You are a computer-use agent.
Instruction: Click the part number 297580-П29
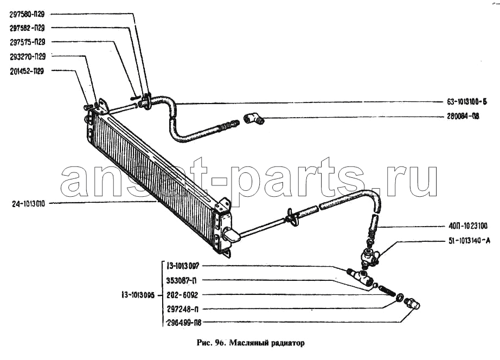pos(27,14)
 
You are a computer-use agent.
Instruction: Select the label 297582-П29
pos(27,28)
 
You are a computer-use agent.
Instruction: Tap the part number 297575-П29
pos(27,42)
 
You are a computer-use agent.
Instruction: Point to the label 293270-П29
pos(28,57)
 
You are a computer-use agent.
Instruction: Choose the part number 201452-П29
pos(27,71)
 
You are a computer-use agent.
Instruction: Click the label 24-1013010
pos(28,204)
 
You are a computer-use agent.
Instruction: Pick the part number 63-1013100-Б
pos(467,102)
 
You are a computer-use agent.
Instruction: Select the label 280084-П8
pos(463,117)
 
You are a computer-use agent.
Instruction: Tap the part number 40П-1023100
pos(467,227)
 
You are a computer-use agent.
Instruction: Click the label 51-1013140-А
pos(469,241)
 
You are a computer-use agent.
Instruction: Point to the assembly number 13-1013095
pos(138,295)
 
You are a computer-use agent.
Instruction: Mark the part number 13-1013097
pos(183,266)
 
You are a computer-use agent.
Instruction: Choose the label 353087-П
pos(182,281)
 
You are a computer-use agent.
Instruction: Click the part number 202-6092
pos(182,295)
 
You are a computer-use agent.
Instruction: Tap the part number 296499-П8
pos(184,323)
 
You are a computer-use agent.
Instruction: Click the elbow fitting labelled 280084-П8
pos(254,119)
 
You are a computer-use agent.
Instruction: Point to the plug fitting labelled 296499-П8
pos(412,303)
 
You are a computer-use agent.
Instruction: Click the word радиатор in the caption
pos(289,343)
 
